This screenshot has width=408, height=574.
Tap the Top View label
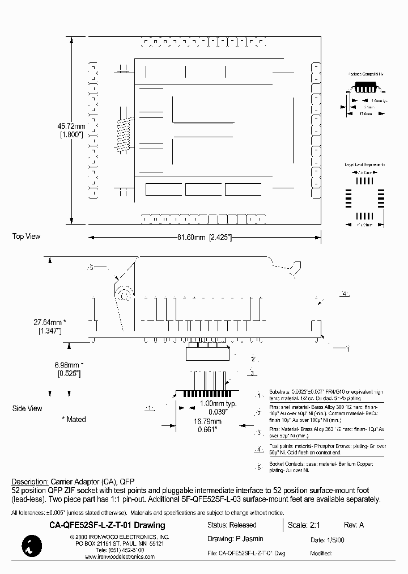click(27, 237)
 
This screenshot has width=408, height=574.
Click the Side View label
click(27, 408)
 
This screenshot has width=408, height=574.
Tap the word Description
click(29, 480)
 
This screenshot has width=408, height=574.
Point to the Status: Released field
click(232, 525)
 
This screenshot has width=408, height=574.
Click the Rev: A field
click(354, 525)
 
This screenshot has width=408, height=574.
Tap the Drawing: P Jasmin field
click(235, 539)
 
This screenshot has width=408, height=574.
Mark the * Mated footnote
click(74, 420)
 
